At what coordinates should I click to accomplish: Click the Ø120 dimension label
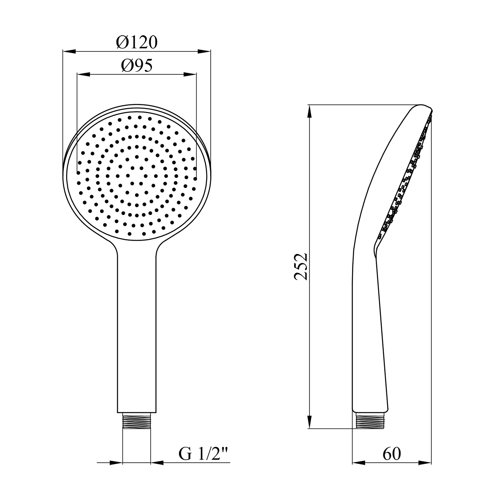(137, 43)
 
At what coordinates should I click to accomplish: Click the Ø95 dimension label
(137, 66)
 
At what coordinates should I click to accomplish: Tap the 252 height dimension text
(301, 266)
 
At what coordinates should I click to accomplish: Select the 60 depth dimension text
(392, 454)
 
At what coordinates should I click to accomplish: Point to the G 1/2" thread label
(204, 454)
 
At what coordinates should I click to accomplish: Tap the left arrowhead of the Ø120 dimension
(69, 51)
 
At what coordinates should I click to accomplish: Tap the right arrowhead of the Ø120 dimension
(204, 51)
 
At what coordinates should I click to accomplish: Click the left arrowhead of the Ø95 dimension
(83, 75)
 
